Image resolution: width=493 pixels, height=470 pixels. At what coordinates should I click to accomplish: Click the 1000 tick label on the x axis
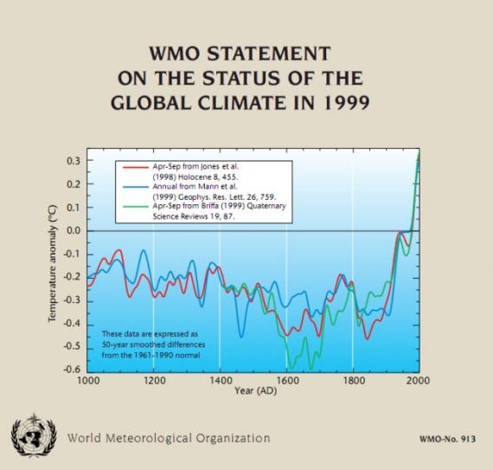click(x=87, y=380)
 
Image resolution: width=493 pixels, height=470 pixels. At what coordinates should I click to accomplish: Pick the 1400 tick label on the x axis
click(x=220, y=380)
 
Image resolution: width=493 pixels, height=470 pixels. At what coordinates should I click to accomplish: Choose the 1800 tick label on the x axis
click(x=353, y=380)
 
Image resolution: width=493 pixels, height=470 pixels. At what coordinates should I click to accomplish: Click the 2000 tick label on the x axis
click(x=418, y=380)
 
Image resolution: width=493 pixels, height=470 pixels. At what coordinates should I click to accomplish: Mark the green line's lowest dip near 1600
click(x=290, y=366)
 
